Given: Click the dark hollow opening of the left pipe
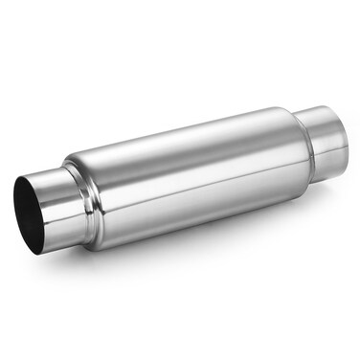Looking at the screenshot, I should tap(30, 214).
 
